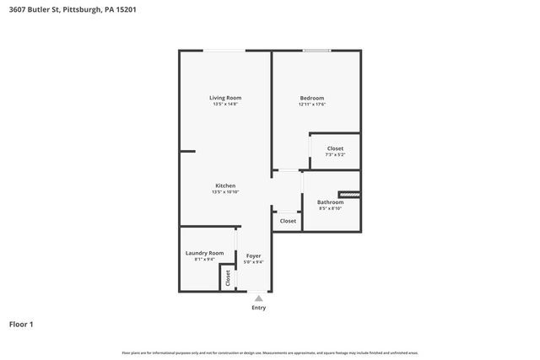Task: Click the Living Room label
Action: click(x=225, y=98)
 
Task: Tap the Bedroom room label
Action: click(x=311, y=98)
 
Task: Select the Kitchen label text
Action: click(x=225, y=185)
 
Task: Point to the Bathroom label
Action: click(x=330, y=201)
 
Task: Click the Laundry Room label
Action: click(x=204, y=253)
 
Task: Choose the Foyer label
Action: click(x=253, y=255)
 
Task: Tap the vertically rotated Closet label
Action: click(x=228, y=277)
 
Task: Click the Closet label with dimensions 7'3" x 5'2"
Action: click(x=335, y=148)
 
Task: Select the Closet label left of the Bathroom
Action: click(x=288, y=221)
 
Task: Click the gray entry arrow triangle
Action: click(x=258, y=298)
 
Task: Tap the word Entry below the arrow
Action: click(x=258, y=308)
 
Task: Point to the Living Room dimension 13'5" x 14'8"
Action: click(x=225, y=105)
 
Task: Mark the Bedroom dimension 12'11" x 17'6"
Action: click(x=311, y=105)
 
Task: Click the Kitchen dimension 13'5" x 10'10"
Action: click(x=225, y=192)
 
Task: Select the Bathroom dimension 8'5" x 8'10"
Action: click(x=330, y=208)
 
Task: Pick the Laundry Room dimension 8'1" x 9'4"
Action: click(x=204, y=260)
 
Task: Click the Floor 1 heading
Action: click(x=21, y=324)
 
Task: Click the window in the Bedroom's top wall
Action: click(x=317, y=51)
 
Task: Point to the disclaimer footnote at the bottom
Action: click(x=270, y=352)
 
